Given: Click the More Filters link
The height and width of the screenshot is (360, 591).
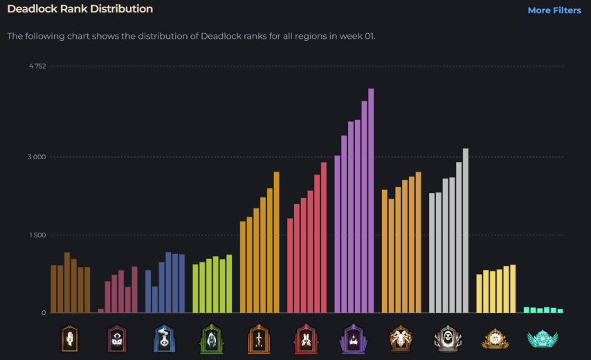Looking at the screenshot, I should click(x=554, y=10).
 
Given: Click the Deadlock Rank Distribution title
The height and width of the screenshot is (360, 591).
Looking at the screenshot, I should click(x=80, y=9).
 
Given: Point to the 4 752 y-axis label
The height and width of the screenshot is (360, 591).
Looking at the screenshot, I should click(x=37, y=66).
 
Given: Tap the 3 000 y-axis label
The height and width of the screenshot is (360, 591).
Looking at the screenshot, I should click(x=37, y=157).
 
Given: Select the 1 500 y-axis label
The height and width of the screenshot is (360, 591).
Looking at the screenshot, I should click(x=37, y=235).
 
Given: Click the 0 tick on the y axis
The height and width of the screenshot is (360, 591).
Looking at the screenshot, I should click(x=43, y=313).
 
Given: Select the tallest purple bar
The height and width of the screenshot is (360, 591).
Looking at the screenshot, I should click(x=371, y=201).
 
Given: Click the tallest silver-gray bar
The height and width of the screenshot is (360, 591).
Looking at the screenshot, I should click(x=466, y=231).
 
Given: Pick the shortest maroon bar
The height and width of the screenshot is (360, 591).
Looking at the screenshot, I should click(x=101, y=311).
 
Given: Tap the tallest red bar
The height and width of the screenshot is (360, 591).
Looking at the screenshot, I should click(x=323, y=237).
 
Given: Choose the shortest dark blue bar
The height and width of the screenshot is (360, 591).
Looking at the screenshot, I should click(x=155, y=300).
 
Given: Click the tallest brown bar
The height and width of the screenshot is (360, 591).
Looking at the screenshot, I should click(x=67, y=282).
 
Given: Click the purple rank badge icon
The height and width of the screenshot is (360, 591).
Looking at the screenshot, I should click(x=352, y=339).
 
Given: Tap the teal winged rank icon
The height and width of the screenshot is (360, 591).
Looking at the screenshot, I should click(x=542, y=339).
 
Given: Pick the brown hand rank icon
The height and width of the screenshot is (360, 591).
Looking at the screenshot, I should click(x=69, y=339).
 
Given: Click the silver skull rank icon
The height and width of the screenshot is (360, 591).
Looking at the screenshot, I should click(x=447, y=339).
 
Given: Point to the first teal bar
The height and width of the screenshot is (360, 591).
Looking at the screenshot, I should click(x=527, y=309).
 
